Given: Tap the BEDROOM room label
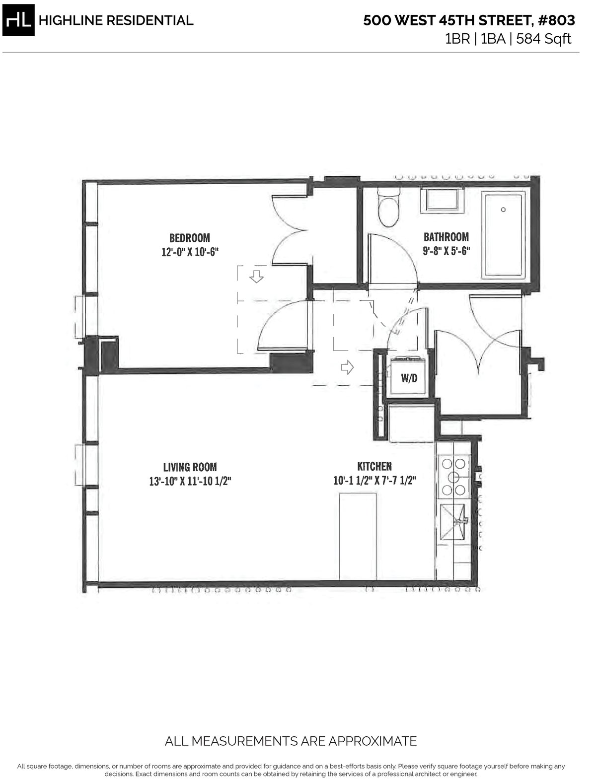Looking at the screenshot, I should click(x=189, y=238).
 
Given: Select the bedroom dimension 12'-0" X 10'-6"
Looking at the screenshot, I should click(x=190, y=252).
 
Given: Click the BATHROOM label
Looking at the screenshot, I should click(x=446, y=237).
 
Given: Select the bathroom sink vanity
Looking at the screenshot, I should click(x=443, y=201).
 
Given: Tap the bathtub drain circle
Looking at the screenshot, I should click(x=503, y=210).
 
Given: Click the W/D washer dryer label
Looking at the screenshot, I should click(x=409, y=378).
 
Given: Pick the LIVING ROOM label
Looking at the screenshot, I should click(x=190, y=467).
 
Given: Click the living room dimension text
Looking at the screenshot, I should click(x=190, y=481).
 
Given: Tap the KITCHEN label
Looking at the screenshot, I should click(x=374, y=467).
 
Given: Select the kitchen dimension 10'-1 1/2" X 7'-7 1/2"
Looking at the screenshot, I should click(x=374, y=481).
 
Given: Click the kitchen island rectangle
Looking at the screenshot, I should click(x=358, y=536).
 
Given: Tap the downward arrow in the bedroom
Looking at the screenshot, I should click(x=256, y=276).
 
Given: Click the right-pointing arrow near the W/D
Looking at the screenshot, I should click(x=347, y=367).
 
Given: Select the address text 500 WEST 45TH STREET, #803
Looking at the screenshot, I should click(x=469, y=21).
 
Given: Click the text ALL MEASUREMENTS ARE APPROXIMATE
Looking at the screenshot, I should click(x=291, y=741).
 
